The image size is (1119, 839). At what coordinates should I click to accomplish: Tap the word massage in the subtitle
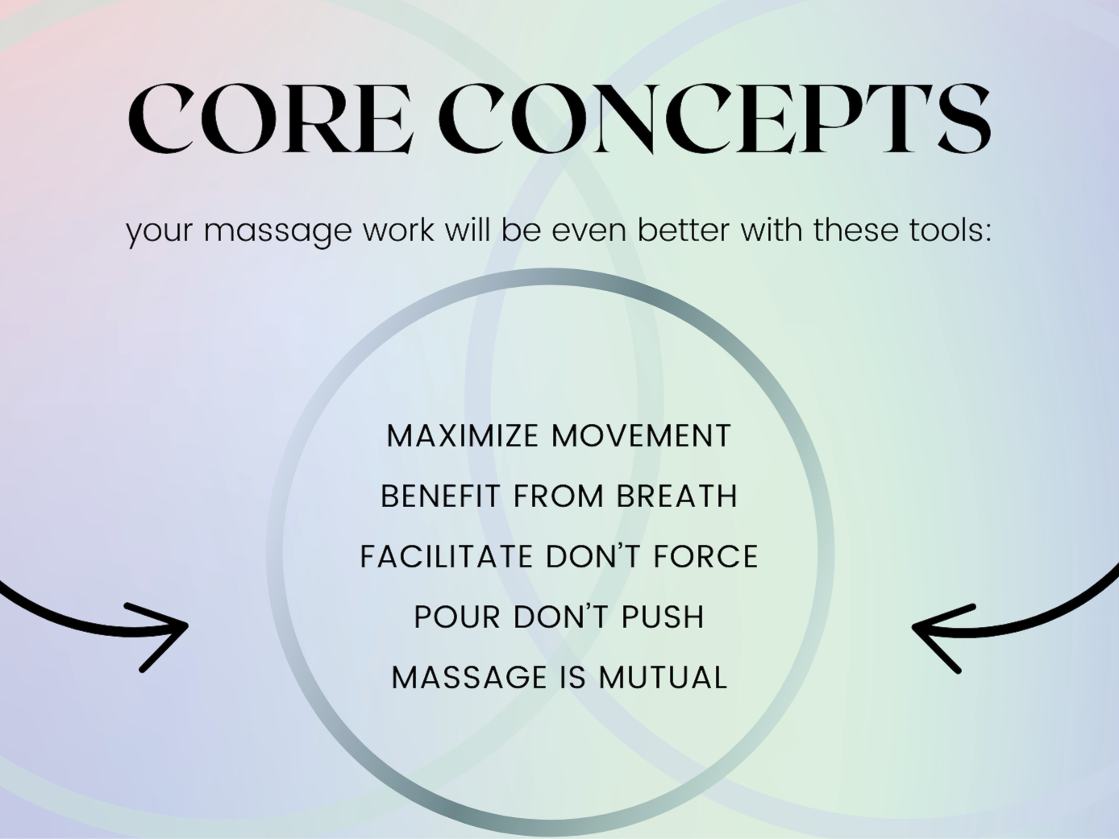(x=278, y=231)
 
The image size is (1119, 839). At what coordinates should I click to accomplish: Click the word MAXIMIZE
(x=463, y=436)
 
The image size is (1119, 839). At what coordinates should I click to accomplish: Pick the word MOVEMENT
(x=642, y=436)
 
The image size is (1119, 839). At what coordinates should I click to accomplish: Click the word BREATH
(x=677, y=496)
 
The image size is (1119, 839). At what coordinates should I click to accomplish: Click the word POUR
(x=457, y=617)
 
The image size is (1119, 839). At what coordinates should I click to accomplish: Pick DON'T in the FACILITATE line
(x=594, y=557)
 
